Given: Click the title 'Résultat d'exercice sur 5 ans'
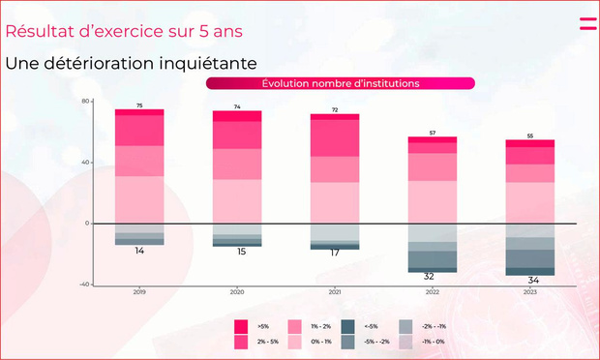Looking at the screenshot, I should [x=124, y=30].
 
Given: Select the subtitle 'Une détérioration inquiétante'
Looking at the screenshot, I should [x=131, y=64].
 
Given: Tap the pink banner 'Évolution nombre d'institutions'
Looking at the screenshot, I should [x=340, y=83].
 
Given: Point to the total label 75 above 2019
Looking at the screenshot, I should [x=139, y=105].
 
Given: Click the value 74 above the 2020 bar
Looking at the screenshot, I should [x=237, y=106].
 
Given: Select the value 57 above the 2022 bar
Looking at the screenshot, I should [x=433, y=133].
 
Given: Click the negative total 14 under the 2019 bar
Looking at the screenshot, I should [x=139, y=251].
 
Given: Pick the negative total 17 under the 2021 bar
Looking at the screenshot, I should [x=335, y=253].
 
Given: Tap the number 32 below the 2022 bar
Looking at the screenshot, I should [x=428, y=276].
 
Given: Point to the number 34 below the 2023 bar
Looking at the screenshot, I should [x=532, y=280].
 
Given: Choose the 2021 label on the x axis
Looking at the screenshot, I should [x=335, y=290].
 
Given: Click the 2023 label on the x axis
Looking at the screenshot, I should [x=530, y=290].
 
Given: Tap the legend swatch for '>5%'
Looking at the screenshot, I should [x=241, y=326].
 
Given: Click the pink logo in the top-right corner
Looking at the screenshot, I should [x=587, y=23].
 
